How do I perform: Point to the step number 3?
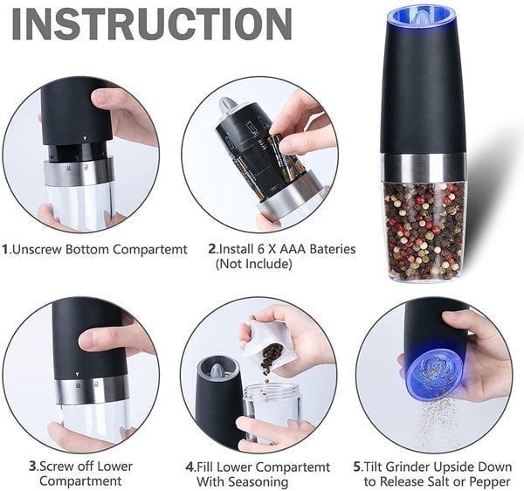tap(32, 466)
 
